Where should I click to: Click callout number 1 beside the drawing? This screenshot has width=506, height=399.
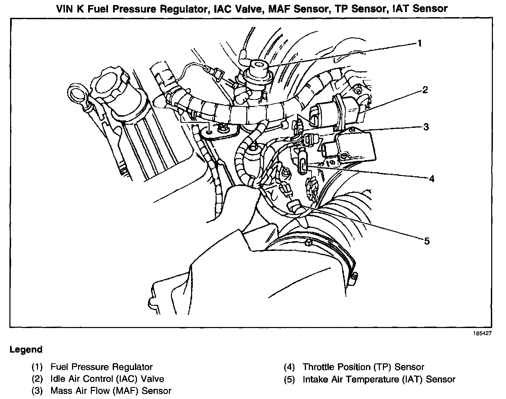coord(419,43)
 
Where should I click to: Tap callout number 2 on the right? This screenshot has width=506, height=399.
coord(425,90)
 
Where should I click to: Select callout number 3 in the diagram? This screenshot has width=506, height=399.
coord(426,127)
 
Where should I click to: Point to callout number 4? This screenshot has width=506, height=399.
coord(431,178)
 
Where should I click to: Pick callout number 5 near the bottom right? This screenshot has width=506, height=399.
coord(427,241)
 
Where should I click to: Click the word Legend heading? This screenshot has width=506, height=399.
coord(26,350)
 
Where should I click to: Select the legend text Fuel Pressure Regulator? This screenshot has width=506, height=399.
coord(101,367)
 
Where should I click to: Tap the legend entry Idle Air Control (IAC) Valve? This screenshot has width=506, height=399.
coord(107,379)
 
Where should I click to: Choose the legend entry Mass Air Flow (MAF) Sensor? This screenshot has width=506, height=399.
coord(111,391)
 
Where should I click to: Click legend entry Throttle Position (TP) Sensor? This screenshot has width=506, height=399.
coord(363,367)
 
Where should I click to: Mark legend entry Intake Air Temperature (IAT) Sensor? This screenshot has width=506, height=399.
coord(379,379)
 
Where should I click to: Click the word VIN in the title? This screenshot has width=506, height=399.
coord(65,8)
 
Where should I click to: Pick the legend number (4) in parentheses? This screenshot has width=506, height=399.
coord(289,367)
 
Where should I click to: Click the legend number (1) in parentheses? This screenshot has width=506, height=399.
coord(37,367)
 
